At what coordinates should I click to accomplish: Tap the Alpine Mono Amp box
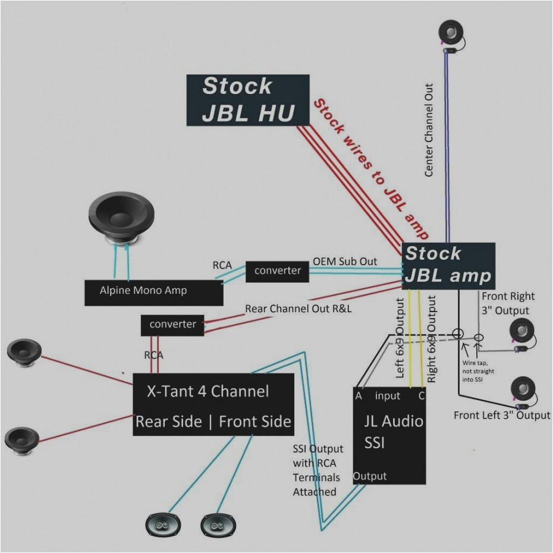coord(153,291)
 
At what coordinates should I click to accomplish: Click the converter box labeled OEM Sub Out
coord(278,271)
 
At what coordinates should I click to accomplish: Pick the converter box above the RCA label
coord(172,325)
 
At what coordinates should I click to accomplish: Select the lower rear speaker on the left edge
coord(21,438)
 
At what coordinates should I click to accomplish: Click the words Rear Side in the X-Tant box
coord(169,422)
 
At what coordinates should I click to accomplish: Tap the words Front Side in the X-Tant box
coord(255,422)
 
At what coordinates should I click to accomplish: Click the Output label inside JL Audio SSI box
coord(370,476)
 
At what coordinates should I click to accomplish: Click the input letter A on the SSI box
coord(359,396)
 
